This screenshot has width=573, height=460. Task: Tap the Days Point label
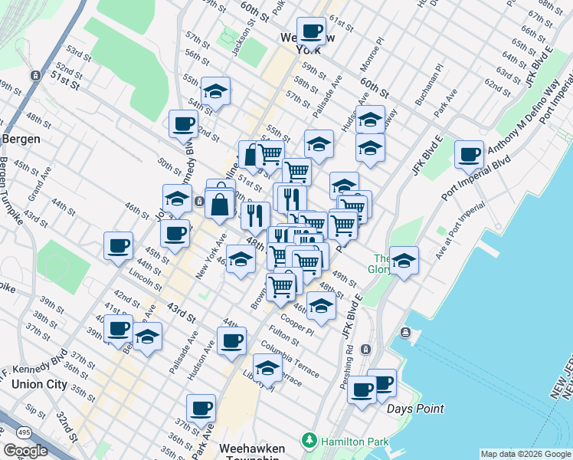414,409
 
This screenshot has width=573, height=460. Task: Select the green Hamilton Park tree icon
309,440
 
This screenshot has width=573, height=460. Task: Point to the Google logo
25,450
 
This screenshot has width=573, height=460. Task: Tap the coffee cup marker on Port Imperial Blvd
469,154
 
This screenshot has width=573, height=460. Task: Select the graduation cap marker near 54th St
216,90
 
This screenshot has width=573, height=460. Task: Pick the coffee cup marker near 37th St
201,408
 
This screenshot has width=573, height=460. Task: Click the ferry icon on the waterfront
404,333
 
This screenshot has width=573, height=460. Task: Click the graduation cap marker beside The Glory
404,260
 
